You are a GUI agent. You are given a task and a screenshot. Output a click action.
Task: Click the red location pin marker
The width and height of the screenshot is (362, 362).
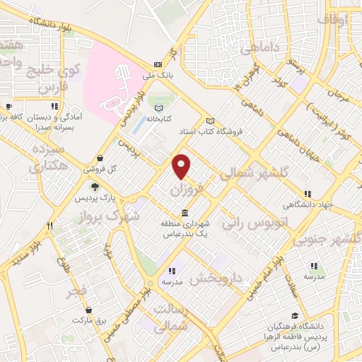(x=182, y=165)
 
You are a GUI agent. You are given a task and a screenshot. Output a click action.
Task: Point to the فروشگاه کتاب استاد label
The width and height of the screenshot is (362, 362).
(x=238, y=132)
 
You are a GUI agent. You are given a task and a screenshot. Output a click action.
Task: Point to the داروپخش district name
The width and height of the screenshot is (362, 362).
(x=216, y=276)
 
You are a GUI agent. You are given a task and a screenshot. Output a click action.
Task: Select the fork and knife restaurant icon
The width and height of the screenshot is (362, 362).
(x=49, y=226)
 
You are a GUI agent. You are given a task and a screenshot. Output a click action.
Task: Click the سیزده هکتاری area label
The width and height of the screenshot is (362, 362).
(x=48, y=157)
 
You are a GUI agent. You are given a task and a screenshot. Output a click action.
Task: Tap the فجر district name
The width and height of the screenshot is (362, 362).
(x=77, y=291)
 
